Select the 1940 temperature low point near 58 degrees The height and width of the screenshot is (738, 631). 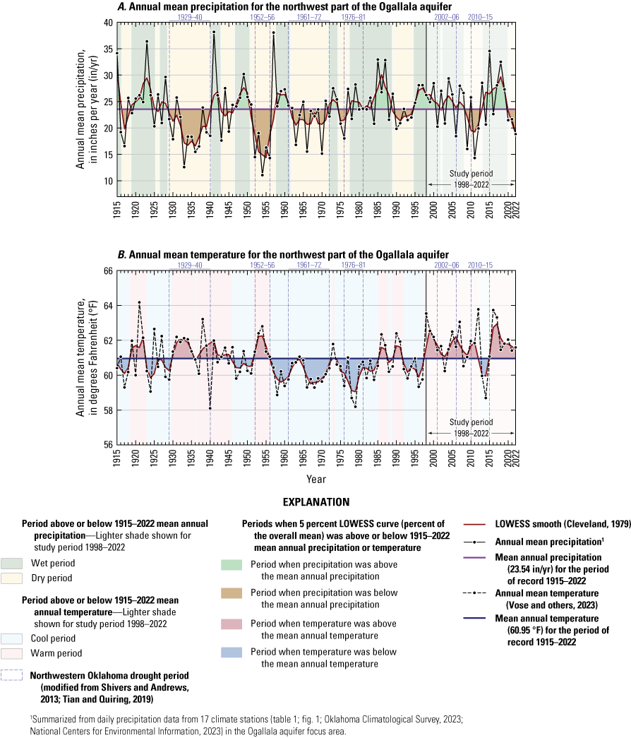(210, 408)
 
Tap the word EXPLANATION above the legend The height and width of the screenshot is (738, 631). (315, 503)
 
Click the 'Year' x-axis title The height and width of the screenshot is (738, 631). (316, 478)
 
